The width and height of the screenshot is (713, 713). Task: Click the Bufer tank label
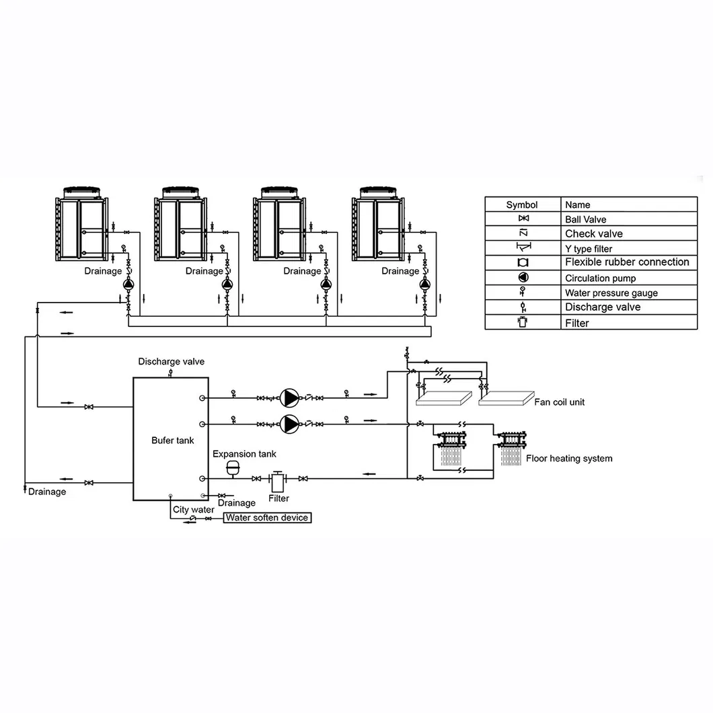pyautogui.click(x=172, y=441)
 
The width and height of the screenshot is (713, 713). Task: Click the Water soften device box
pyautogui.click(x=267, y=517)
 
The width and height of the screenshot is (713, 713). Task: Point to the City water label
pyautogui.click(x=193, y=509)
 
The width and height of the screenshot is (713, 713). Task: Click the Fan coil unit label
pyautogui.click(x=560, y=402)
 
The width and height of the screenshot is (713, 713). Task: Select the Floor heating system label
pyautogui.click(x=569, y=458)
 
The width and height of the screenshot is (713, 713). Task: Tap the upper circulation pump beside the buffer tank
pyautogui.click(x=290, y=398)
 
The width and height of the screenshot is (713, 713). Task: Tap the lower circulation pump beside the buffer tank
pyautogui.click(x=290, y=424)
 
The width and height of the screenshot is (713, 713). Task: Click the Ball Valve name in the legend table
pyautogui.click(x=585, y=219)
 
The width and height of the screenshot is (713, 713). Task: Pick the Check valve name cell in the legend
pyautogui.click(x=593, y=234)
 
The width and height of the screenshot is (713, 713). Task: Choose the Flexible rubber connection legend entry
pyautogui.click(x=627, y=262)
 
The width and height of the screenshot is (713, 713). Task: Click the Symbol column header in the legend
pyautogui.click(x=522, y=204)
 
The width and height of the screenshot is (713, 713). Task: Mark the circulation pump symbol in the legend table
pyautogui.click(x=523, y=277)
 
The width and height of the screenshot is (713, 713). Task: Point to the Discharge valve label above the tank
pyautogui.click(x=172, y=362)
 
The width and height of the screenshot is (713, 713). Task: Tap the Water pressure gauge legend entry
pyautogui.click(x=611, y=293)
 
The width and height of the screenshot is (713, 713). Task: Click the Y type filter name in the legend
pyautogui.click(x=589, y=249)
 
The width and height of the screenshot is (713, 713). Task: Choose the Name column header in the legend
pyautogui.click(x=577, y=204)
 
